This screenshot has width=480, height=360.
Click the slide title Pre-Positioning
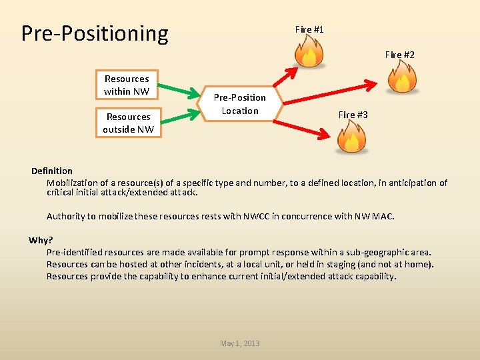pyautogui.click(x=95, y=33)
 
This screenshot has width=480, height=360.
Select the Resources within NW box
pyautogui.click(x=127, y=85)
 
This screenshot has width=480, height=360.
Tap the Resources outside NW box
pyautogui.click(x=128, y=123)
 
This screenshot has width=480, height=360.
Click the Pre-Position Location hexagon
pyautogui.click(x=240, y=104)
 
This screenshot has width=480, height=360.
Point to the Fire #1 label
pyautogui.click(x=309, y=29)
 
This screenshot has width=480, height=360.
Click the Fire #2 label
pyautogui.click(x=400, y=55)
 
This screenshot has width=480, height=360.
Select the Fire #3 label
pyautogui.click(x=353, y=115)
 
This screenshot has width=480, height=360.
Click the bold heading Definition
pyautogui.click(x=52, y=171)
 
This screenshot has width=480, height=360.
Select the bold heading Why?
pyautogui.click(x=41, y=240)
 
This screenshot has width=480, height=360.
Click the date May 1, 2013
pyautogui.click(x=240, y=343)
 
